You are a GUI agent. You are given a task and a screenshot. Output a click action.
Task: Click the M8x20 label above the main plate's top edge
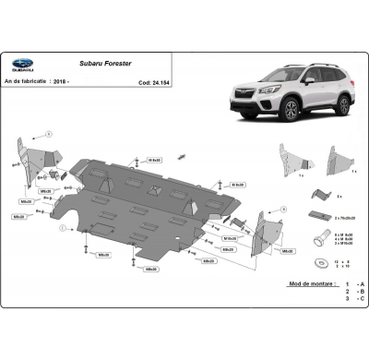tap(154, 160)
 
